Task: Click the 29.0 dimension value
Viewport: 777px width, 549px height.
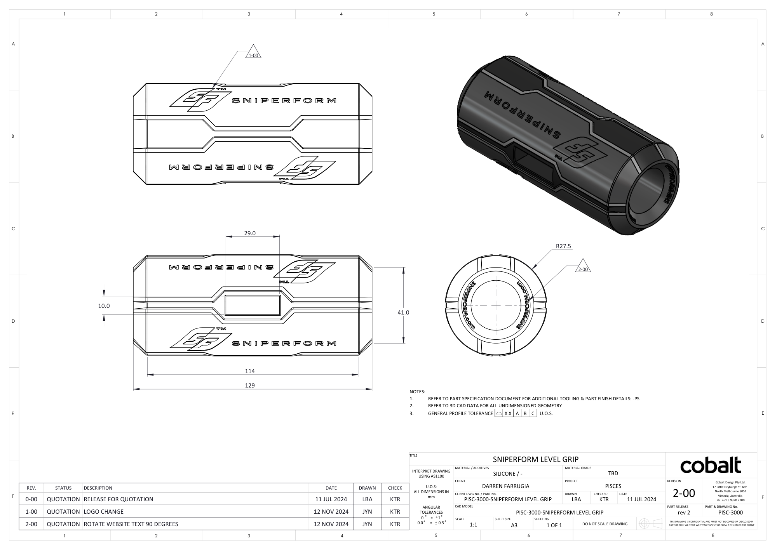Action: click(249, 233)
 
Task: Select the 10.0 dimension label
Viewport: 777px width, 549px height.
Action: click(104, 306)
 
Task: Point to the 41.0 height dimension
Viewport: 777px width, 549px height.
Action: click(403, 312)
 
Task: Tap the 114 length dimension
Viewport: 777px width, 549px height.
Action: click(250, 371)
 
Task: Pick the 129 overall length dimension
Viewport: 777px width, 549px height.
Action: click(250, 385)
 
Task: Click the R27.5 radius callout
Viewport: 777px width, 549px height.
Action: click(563, 246)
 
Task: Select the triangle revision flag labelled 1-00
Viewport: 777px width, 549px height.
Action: click(253, 54)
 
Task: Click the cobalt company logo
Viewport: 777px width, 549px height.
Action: click(711, 466)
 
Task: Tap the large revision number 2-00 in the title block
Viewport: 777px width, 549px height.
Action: click(684, 493)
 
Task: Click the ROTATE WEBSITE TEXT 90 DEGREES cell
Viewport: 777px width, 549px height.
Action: click(131, 524)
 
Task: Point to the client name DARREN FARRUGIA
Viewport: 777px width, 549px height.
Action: click(505, 486)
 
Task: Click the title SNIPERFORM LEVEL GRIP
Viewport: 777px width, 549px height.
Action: click(535, 459)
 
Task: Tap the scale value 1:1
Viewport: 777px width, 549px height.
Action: click(473, 525)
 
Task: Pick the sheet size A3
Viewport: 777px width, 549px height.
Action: click(514, 525)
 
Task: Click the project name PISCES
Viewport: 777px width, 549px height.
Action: click(613, 486)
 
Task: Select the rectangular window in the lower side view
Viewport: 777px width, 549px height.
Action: click(253, 305)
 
